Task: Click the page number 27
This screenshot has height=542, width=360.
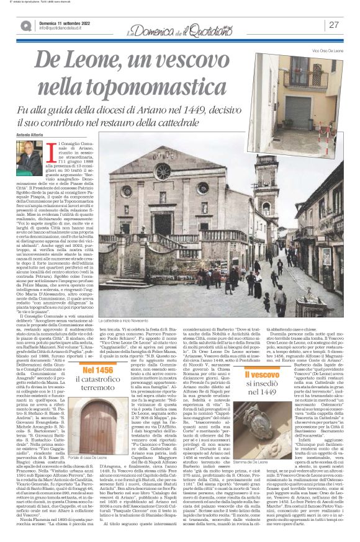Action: coord(334,25)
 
